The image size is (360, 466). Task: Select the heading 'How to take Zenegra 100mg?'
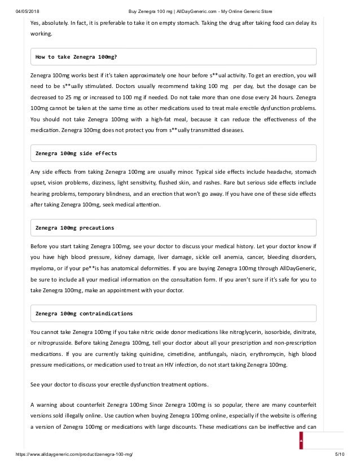click(x=76, y=57)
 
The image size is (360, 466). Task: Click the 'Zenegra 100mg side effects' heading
click(x=76, y=153)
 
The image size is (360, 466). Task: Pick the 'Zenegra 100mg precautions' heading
click(x=74, y=228)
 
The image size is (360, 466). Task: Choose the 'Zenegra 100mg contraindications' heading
click(x=84, y=313)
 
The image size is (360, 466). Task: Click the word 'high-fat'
click(x=172, y=120)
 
